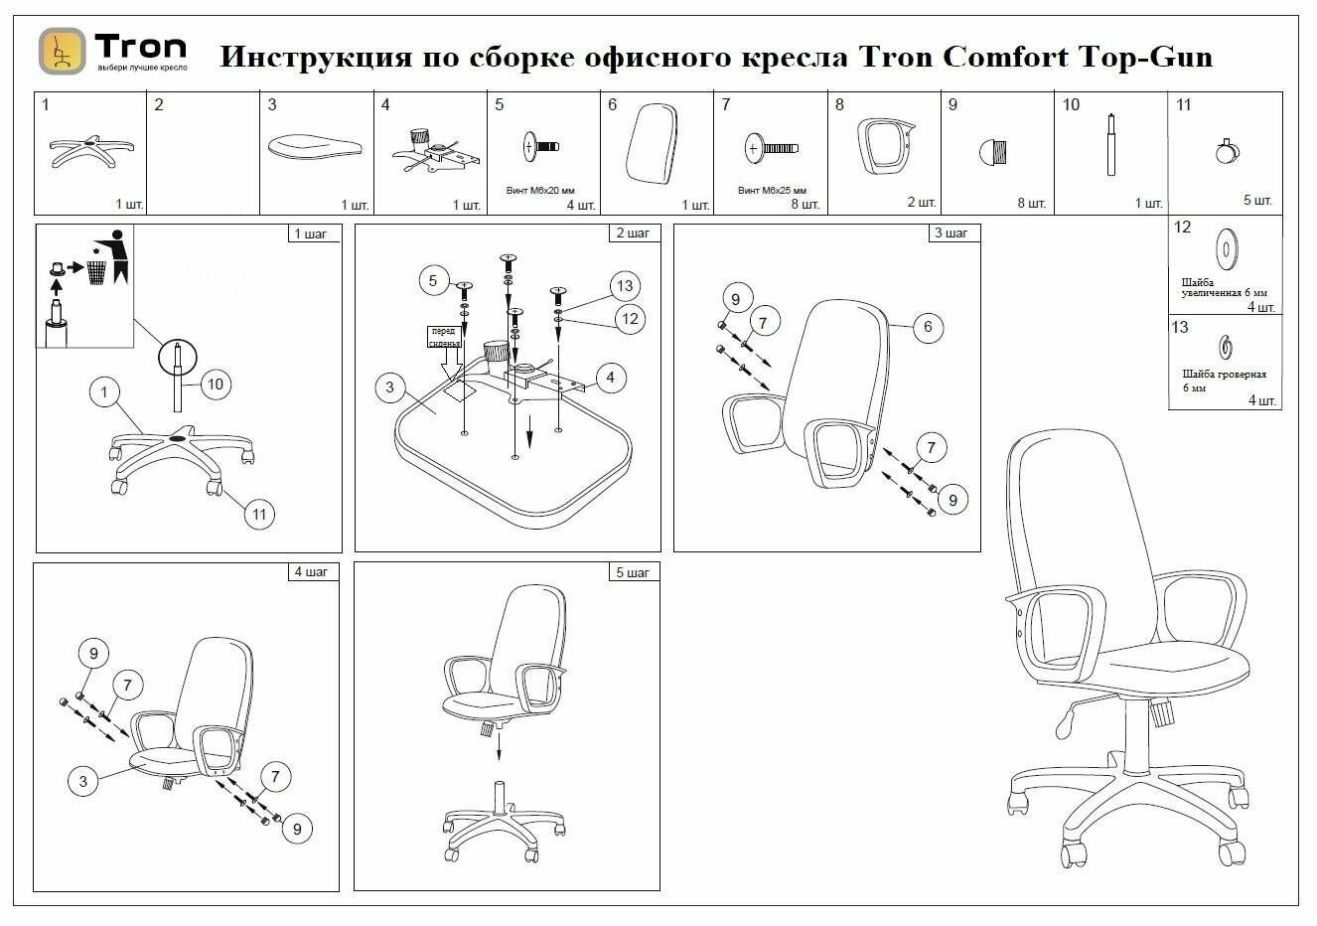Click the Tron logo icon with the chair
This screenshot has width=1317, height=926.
point(62,52)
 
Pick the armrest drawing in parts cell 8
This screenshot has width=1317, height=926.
point(883,146)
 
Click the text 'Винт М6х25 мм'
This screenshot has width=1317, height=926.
point(772,190)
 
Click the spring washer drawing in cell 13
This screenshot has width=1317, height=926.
point(1226,347)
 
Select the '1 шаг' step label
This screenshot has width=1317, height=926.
point(315,234)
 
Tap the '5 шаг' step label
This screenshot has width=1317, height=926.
point(633,573)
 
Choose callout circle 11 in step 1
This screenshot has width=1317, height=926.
point(259,514)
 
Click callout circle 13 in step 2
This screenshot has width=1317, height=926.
point(625,287)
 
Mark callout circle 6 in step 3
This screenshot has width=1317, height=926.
point(927,327)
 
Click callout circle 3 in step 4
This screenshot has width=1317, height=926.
point(83,781)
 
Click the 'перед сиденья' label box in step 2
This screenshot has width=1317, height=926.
point(443,337)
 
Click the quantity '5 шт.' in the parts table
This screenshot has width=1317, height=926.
point(1256,201)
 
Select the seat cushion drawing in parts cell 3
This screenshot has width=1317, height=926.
point(313,146)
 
